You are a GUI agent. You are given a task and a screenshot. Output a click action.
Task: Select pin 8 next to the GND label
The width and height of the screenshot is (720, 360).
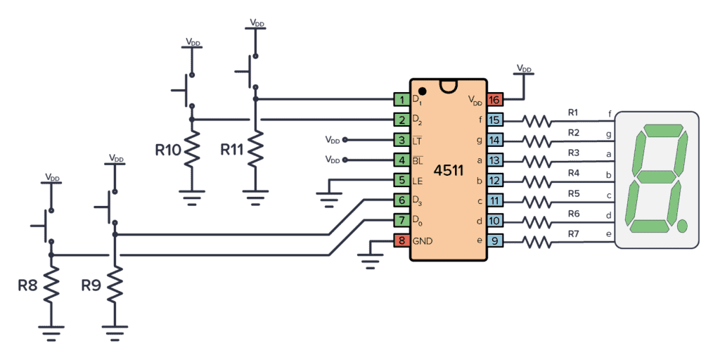[x=401, y=241]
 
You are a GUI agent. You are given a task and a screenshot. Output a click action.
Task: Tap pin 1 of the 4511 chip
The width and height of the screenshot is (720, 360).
[x=401, y=100]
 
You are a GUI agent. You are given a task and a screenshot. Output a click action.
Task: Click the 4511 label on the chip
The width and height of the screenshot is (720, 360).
[x=448, y=171]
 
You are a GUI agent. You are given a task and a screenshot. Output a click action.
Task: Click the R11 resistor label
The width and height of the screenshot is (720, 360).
[x=233, y=150]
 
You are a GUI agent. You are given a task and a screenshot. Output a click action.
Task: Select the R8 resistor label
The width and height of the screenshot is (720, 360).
[x=28, y=285]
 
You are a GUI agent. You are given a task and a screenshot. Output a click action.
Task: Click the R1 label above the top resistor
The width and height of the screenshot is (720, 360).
[x=573, y=112]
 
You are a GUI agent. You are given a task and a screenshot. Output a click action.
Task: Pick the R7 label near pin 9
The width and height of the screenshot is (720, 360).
[x=573, y=233]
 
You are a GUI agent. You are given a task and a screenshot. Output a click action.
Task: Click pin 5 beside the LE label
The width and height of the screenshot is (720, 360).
[x=401, y=181]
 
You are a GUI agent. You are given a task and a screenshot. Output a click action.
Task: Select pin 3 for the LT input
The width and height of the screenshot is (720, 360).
[x=401, y=141]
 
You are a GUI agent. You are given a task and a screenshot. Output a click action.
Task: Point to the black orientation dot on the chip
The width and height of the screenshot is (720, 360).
[x=422, y=91]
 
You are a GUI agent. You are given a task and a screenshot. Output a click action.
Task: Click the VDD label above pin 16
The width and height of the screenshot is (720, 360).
[x=524, y=68]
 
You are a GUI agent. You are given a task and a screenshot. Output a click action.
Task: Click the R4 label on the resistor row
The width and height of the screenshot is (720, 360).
[x=573, y=173]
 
